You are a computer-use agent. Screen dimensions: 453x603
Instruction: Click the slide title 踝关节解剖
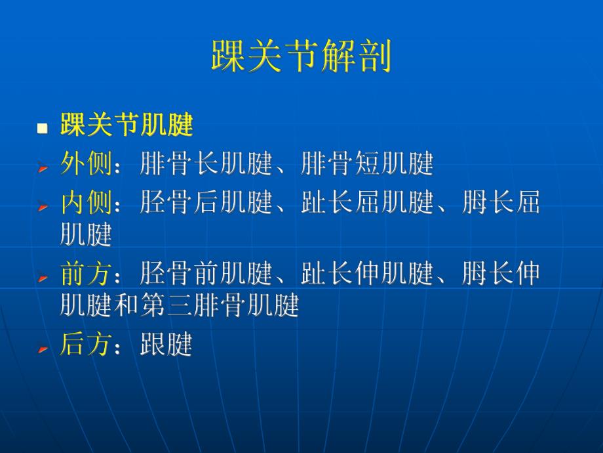tap(301, 56)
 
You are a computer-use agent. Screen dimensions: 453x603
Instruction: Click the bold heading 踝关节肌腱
tap(126, 124)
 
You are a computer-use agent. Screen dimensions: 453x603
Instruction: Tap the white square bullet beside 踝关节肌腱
tap(43, 127)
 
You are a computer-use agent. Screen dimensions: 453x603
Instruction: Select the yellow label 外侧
tap(86, 165)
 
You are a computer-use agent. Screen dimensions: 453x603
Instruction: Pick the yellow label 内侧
tap(86, 204)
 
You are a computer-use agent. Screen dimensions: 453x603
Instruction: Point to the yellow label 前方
tap(86, 274)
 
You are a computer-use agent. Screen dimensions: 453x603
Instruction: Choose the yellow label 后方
tap(86, 344)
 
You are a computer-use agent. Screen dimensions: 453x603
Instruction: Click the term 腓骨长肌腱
tap(206, 165)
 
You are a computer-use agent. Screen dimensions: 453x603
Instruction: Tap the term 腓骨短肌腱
tap(367, 165)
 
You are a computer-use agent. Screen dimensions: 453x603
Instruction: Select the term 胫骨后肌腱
tap(206, 204)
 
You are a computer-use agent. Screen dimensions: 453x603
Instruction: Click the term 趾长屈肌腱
tap(367, 204)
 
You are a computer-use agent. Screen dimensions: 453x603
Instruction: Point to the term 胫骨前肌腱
tap(206, 274)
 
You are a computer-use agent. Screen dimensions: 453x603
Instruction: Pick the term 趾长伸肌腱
tap(367, 274)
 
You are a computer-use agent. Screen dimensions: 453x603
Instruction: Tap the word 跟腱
tap(166, 344)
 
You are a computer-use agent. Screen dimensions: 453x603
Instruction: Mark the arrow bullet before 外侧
tap(43, 169)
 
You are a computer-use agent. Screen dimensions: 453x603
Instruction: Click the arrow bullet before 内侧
tap(43, 207)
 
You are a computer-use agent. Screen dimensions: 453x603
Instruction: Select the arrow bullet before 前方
tap(43, 278)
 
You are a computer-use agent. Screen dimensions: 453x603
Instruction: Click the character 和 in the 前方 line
tap(126, 305)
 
